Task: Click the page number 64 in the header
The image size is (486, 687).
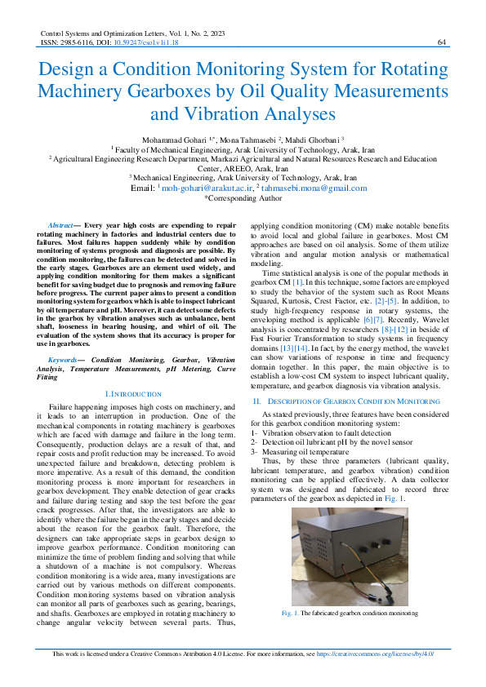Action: pos(441,42)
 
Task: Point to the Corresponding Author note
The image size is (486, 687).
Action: pos(243,197)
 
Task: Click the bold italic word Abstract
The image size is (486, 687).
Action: pos(60,224)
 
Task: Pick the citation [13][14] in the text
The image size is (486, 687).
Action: pos(296,348)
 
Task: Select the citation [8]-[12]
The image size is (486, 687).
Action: pos(396,329)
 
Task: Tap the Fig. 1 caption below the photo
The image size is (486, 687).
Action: pos(349,612)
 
